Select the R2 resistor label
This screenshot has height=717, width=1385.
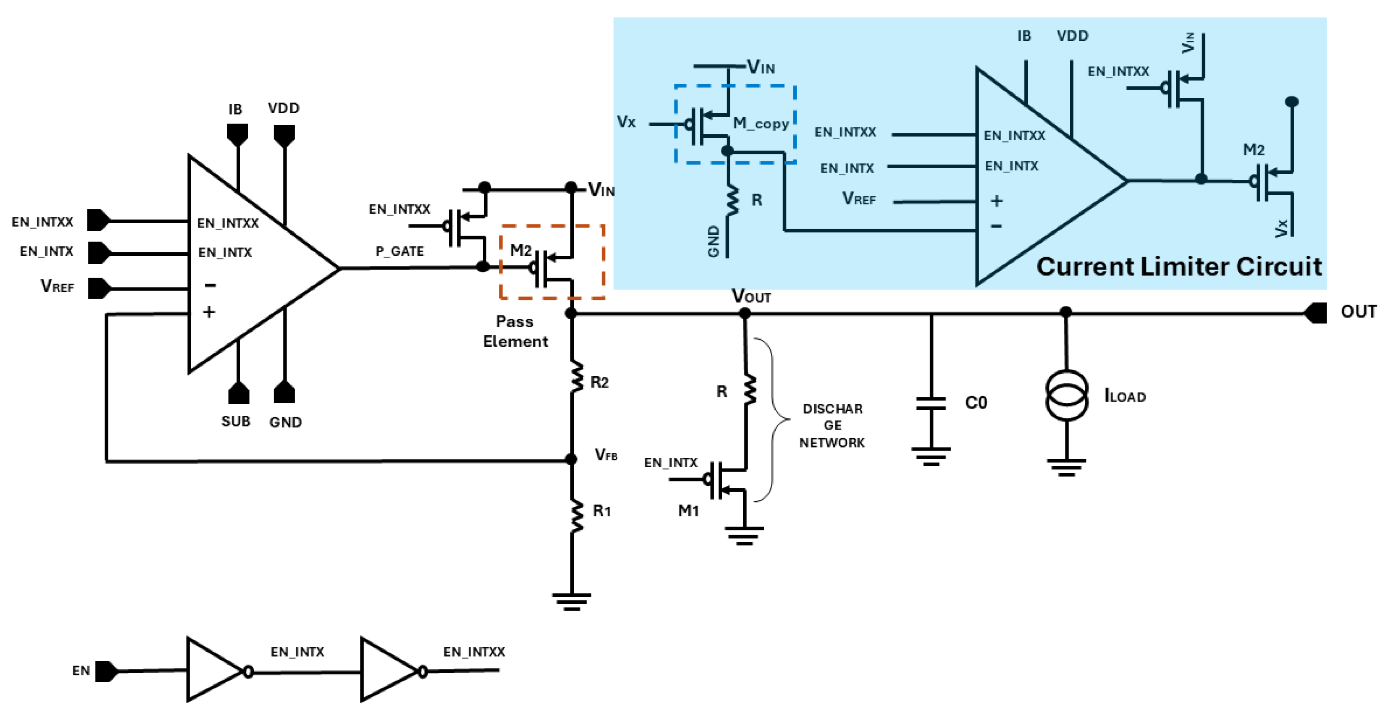click(x=599, y=382)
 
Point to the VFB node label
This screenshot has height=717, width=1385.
click(x=606, y=455)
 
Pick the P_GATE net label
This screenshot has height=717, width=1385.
click(x=400, y=251)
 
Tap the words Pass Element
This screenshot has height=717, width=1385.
click(x=515, y=331)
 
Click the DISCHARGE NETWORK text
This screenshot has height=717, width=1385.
click(x=832, y=426)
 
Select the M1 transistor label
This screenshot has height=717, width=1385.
click(x=688, y=511)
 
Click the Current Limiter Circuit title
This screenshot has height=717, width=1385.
click(x=1179, y=267)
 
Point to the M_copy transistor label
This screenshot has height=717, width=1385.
click(x=761, y=123)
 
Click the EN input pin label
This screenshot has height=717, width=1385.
click(x=81, y=671)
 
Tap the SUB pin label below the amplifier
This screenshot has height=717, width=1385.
click(x=235, y=421)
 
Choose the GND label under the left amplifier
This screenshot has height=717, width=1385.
click(x=286, y=422)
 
